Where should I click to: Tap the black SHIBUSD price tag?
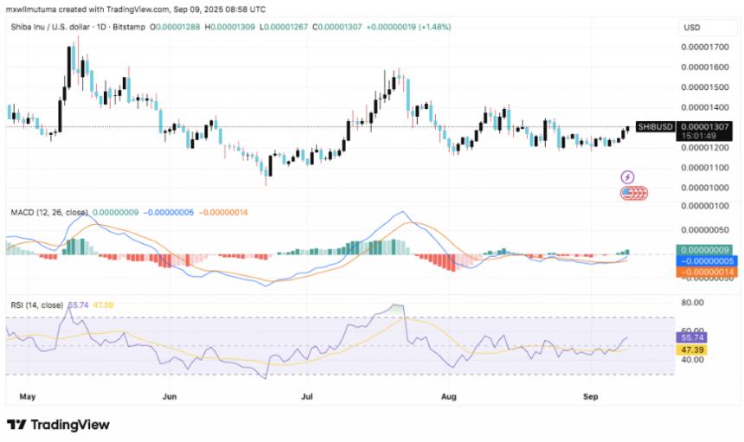click(655, 126)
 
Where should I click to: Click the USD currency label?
click(692, 28)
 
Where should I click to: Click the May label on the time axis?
click(27, 396)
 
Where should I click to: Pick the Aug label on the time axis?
click(447, 396)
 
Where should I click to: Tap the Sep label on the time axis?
click(590, 396)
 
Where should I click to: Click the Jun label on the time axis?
click(169, 396)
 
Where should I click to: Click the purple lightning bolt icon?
click(628, 177)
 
